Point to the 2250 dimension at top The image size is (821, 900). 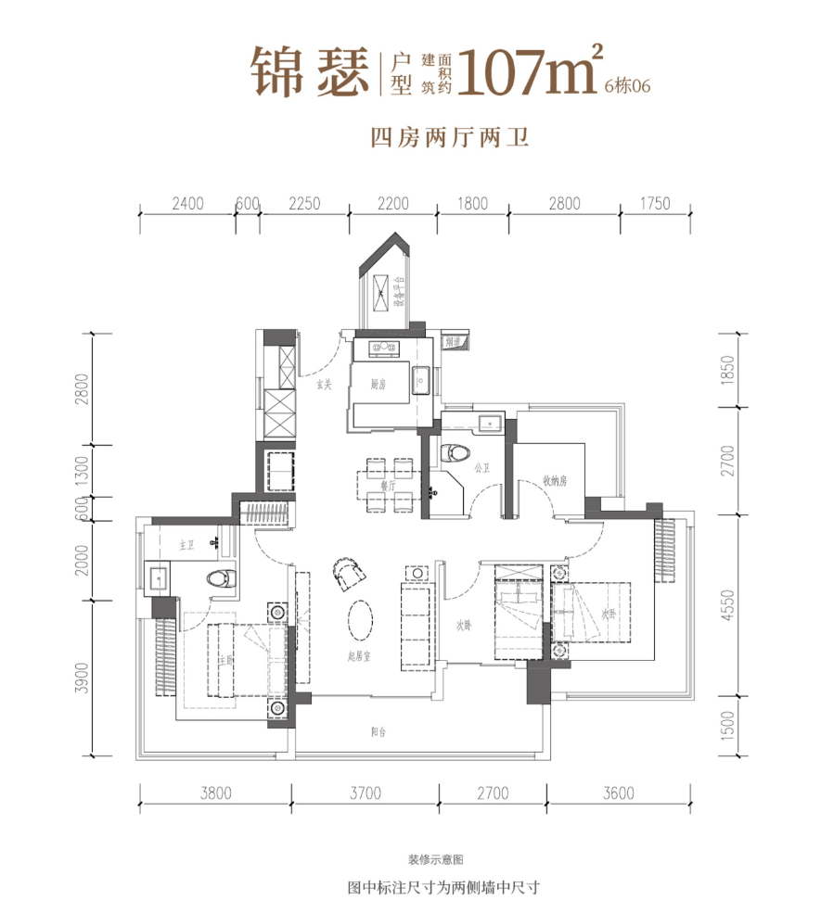(303, 205)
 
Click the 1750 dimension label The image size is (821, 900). (654, 205)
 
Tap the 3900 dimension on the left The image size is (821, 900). (84, 678)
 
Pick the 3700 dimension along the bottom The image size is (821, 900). (366, 792)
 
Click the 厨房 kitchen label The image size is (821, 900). (378, 384)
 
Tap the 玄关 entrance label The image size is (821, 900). (323, 385)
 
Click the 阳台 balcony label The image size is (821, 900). (378, 732)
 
